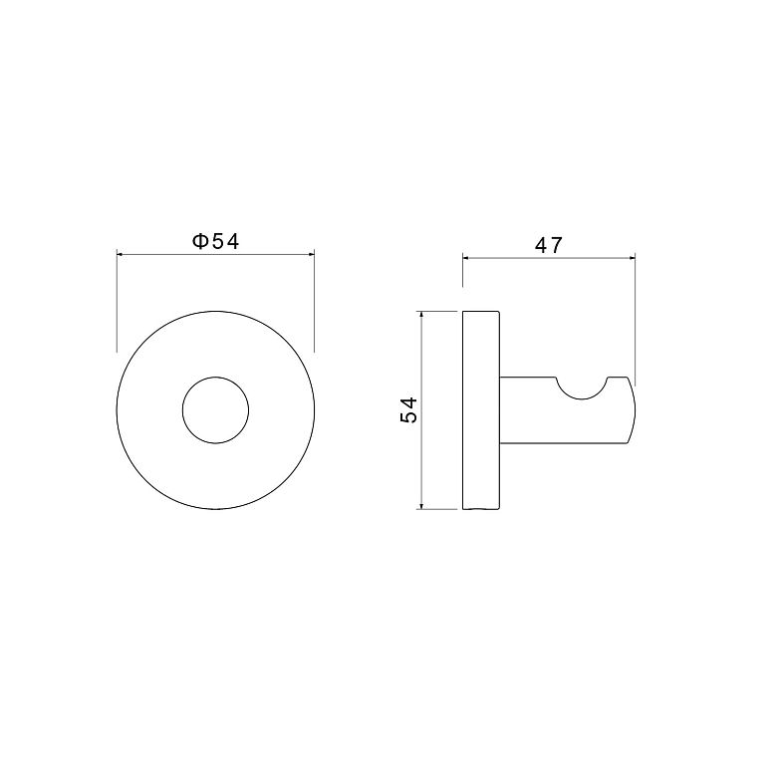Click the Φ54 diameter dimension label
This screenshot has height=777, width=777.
click(x=215, y=241)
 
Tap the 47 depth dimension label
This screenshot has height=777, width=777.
click(x=549, y=245)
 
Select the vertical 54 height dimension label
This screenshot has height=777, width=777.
click(x=409, y=409)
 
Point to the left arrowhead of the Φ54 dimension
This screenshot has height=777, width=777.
click(x=120, y=255)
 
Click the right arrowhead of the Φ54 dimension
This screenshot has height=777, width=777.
click(x=311, y=255)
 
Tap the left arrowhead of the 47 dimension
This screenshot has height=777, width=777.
click(x=466, y=257)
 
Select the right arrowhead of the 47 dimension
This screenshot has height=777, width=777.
click(x=632, y=257)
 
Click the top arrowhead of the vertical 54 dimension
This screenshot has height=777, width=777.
click(x=420, y=315)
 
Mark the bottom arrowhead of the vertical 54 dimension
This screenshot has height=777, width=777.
click(x=420, y=505)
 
